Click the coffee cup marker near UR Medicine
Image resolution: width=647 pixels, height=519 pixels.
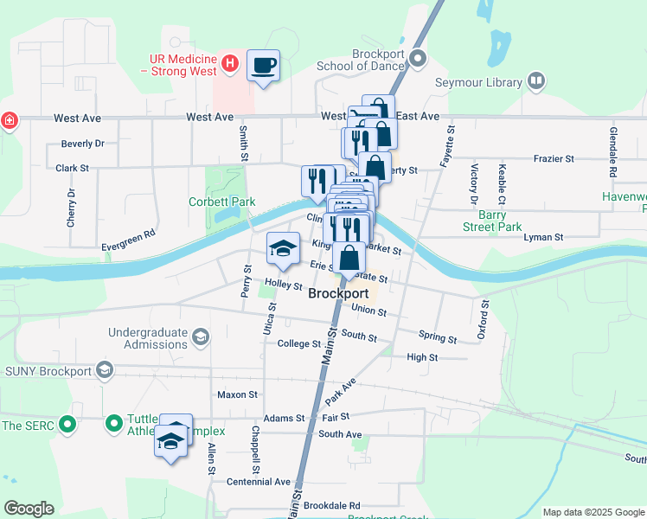pyautogui.click(x=264, y=65)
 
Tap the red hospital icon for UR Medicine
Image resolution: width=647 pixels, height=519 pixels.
pyautogui.click(x=229, y=62)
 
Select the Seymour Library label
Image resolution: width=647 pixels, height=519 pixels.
pyautogui.click(x=484, y=82)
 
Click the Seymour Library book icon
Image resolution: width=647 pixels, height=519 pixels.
pyautogui.click(x=536, y=82)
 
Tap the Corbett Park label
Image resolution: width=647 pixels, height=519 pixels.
pyautogui.click(x=222, y=202)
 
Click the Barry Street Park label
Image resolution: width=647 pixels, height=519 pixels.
pyautogui.click(x=491, y=221)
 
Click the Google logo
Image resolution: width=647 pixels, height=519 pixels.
pyautogui.click(x=29, y=509)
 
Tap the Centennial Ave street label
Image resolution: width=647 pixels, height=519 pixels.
pyautogui.click(x=259, y=481)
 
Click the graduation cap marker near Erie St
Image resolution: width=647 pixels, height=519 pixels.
pyautogui.click(x=282, y=249)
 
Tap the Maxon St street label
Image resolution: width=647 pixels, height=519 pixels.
pyautogui.click(x=238, y=394)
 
